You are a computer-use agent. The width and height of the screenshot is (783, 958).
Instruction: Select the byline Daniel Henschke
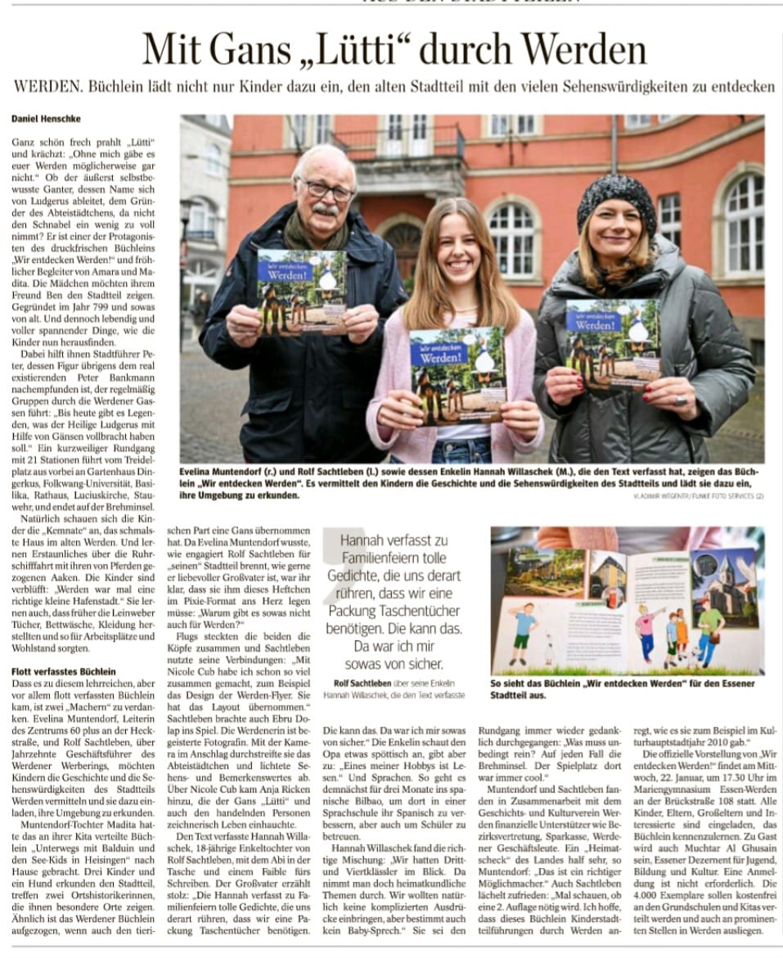pyautogui.click(x=47, y=119)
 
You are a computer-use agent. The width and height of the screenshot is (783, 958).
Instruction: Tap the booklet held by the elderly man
pyautogui.click(x=302, y=289)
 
